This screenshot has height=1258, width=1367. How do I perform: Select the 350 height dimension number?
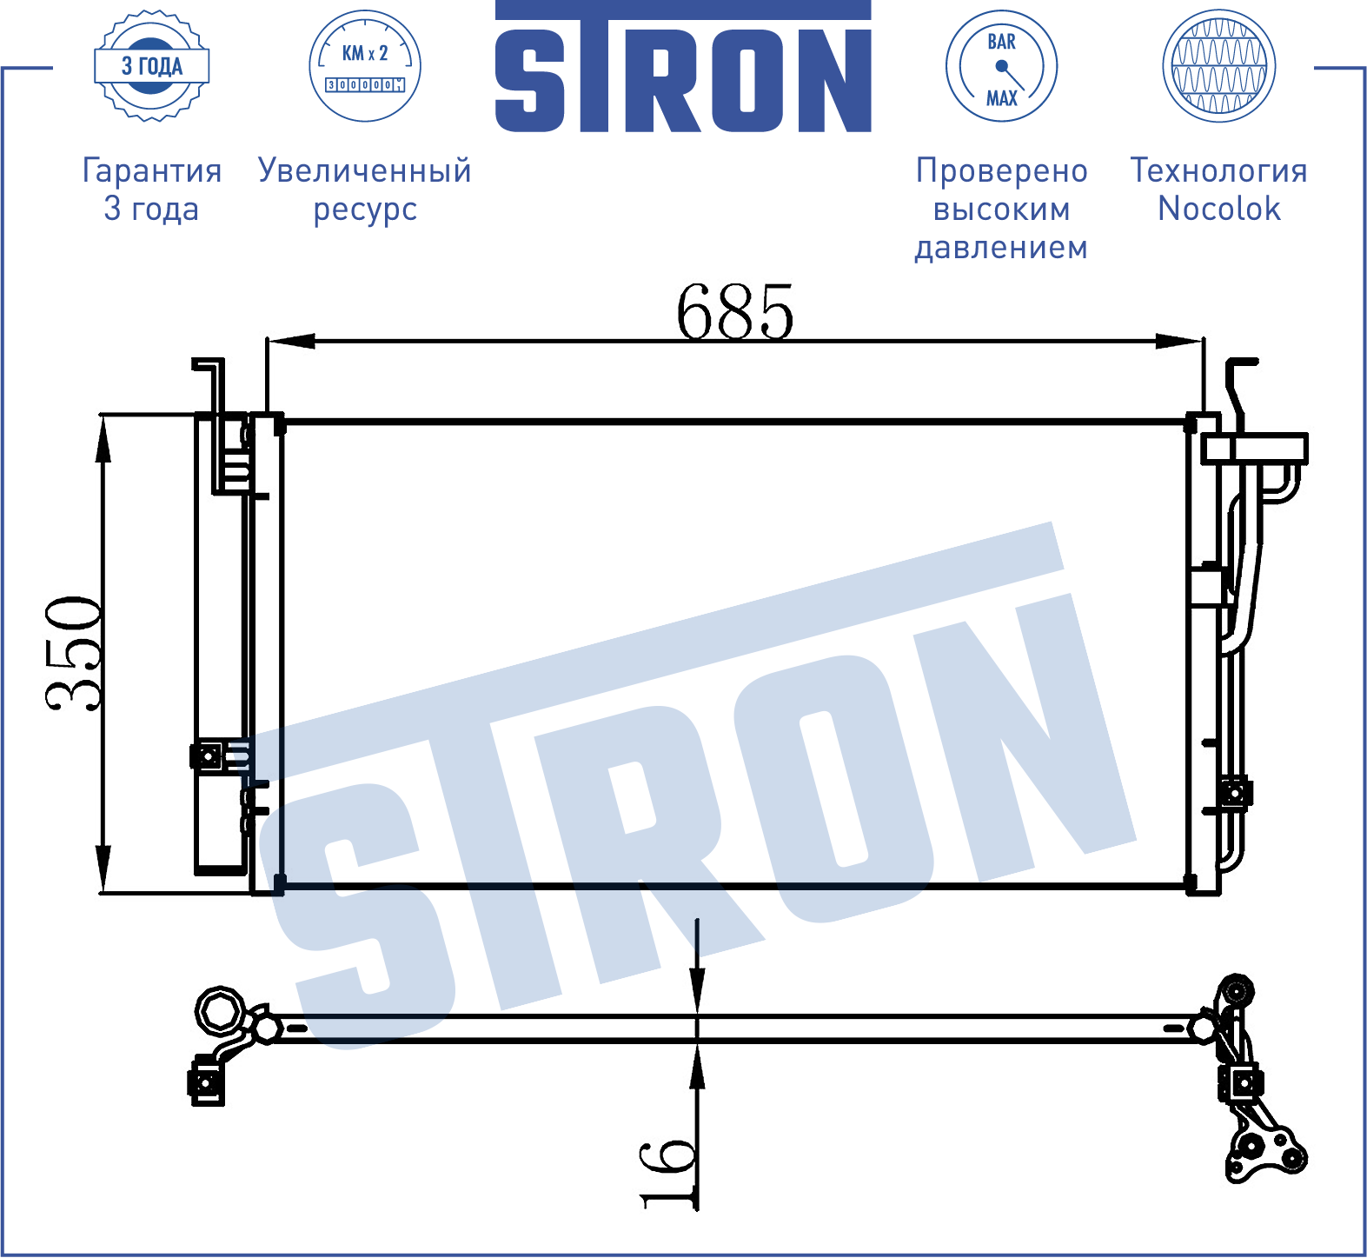(x=74, y=654)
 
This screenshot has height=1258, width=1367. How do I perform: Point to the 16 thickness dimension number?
(x=668, y=1173)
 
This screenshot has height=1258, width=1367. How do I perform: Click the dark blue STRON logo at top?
(x=683, y=67)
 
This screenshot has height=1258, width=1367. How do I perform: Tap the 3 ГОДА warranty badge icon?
(x=152, y=65)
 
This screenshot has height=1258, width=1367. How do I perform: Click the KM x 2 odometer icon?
(x=365, y=66)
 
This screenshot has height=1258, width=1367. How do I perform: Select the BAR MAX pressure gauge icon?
(x=1001, y=66)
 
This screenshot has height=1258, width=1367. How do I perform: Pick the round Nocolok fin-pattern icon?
(x=1218, y=66)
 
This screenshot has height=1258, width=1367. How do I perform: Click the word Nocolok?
(x=1219, y=209)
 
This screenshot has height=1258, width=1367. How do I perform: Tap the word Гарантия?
(x=152, y=170)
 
